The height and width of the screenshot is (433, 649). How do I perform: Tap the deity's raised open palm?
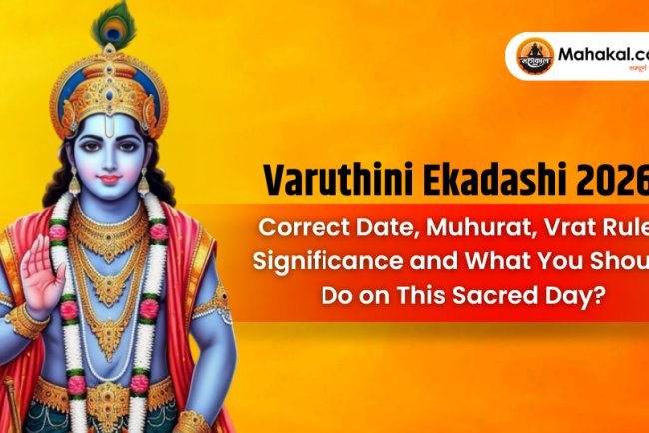tap(42, 275)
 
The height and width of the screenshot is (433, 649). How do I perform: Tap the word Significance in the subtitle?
tap(325, 261)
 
